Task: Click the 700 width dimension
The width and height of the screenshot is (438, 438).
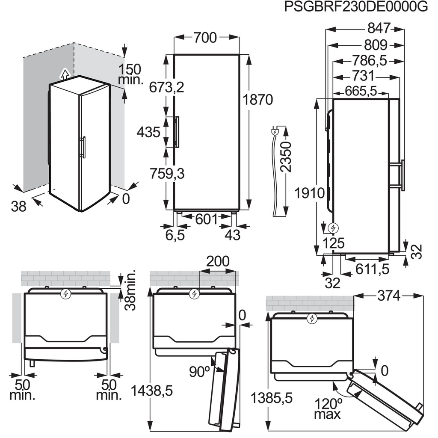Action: pyautogui.click(x=205, y=38)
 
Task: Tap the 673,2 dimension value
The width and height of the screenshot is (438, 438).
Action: pyautogui.click(x=166, y=87)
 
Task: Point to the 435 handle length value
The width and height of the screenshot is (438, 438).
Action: pyautogui.click(x=148, y=132)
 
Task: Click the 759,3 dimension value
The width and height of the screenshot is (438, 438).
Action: pyautogui.click(x=166, y=174)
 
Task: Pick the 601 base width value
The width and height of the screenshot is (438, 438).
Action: pyautogui.click(x=207, y=219)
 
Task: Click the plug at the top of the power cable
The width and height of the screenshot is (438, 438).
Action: pyautogui.click(x=275, y=130)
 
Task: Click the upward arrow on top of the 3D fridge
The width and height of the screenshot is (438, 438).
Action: pyautogui.click(x=64, y=74)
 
